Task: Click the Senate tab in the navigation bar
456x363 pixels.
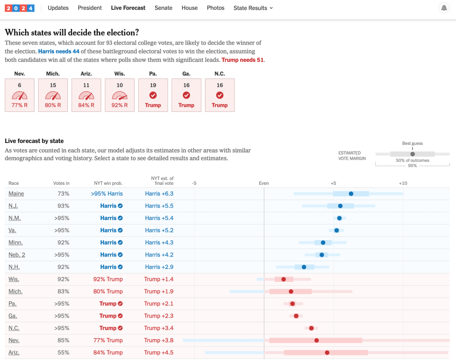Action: (x=163, y=8)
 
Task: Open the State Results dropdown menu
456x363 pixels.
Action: (x=253, y=8)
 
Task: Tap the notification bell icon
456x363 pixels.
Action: (x=444, y=8)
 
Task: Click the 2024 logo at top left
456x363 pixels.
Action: (x=20, y=8)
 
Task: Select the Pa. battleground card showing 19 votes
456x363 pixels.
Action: (x=153, y=95)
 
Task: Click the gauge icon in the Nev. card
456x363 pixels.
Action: (x=20, y=95)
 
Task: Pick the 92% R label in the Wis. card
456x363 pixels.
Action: (x=119, y=105)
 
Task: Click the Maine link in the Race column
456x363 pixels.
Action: (x=16, y=194)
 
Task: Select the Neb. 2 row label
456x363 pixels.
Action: (x=17, y=255)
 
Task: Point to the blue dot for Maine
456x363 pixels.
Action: (x=351, y=194)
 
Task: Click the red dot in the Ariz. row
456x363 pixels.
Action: (x=327, y=352)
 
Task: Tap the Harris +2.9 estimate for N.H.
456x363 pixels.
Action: (x=159, y=267)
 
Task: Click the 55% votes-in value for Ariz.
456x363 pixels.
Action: (x=63, y=352)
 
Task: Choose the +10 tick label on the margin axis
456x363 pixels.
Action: (x=403, y=183)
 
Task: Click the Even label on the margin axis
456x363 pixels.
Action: (x=264, y=183)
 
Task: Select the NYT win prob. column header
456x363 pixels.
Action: (x=108, y=183)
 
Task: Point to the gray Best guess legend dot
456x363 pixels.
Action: (x=412, y=154)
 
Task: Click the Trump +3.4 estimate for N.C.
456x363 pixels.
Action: (x=159, y=328)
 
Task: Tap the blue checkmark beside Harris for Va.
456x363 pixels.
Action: (x=120, y=230)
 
